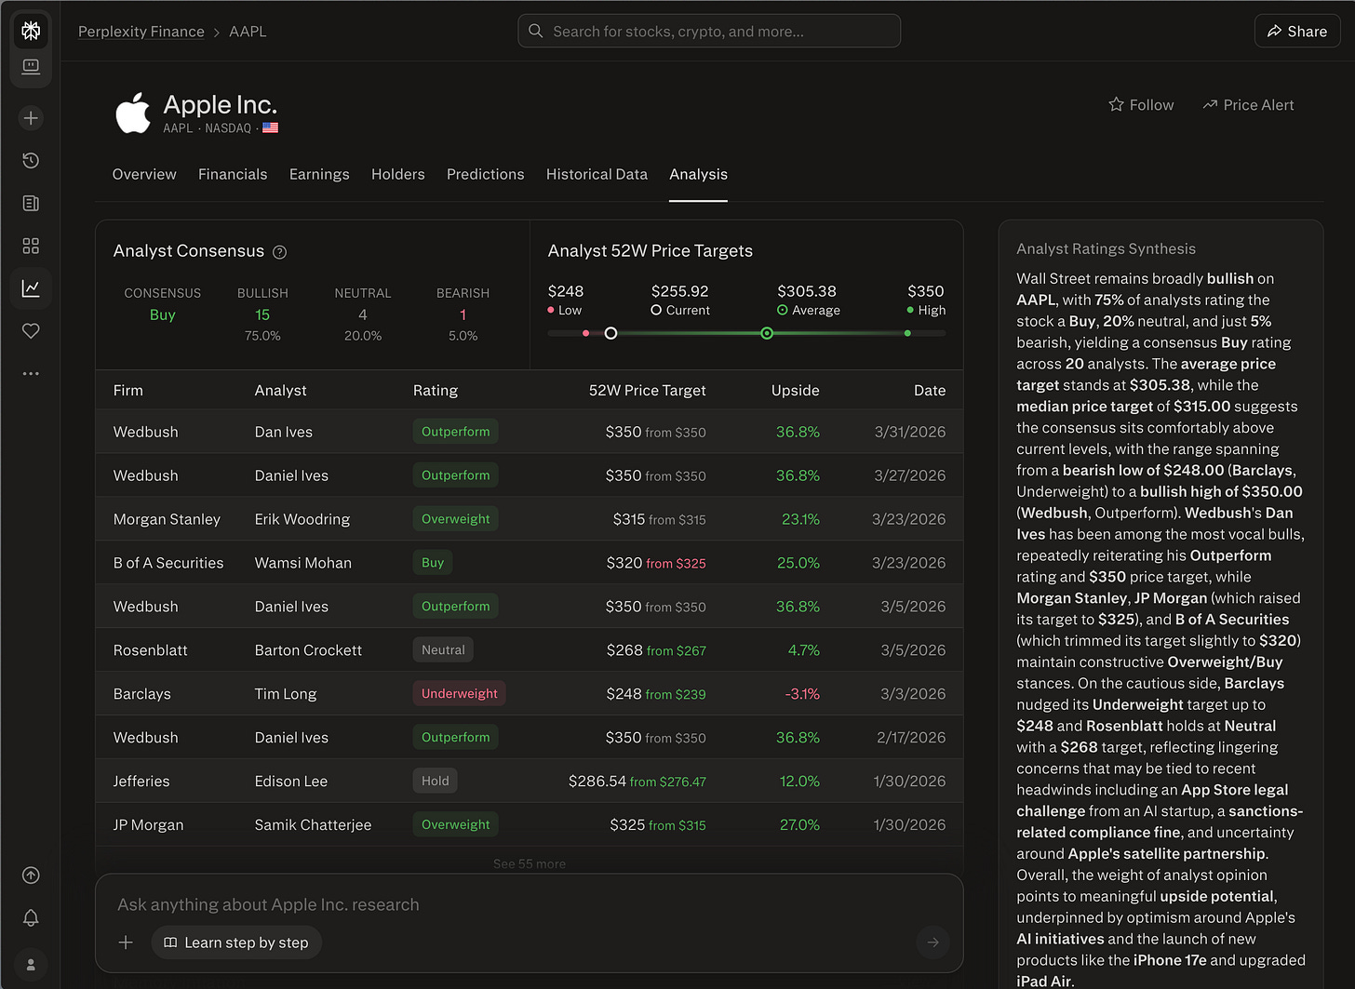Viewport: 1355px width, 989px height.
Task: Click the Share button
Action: (1296, 32)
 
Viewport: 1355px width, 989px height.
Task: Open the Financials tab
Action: (233, 174)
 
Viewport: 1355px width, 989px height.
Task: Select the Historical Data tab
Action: (597, 174)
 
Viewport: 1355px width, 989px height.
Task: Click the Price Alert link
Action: (1248, 105)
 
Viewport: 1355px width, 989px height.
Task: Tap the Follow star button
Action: (1141, 105)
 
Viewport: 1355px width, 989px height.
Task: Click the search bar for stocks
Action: (708, 32)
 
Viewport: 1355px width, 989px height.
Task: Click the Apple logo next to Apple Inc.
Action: (133, 113)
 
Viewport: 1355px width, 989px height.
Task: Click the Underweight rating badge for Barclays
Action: (459, 693)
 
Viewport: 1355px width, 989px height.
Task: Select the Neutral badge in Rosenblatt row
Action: (443, 649)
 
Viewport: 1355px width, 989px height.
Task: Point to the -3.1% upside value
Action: (801, 694)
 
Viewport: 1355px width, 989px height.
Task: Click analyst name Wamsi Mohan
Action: (302, 563)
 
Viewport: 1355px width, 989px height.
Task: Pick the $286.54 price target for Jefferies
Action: (597, 782)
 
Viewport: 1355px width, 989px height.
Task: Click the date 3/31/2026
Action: (909, 432)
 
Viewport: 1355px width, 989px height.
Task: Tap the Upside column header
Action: (795, 391)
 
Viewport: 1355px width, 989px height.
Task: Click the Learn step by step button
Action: (236, 942)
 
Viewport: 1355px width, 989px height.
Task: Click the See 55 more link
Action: (529, 863)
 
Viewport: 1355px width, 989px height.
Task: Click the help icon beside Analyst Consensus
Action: (279, 252)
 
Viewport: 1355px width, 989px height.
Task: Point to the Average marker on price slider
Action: (767, 333)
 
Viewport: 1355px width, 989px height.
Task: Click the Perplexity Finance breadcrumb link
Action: (141, 32)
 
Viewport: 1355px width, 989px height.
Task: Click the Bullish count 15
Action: (262, 315)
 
